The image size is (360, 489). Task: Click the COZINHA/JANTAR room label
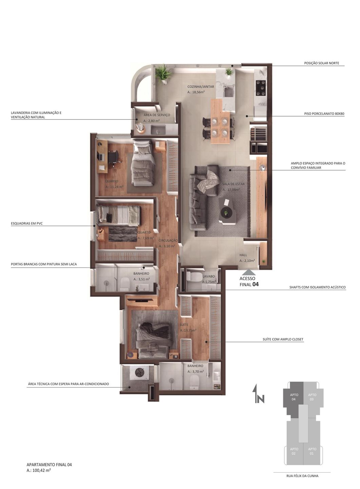point(201,87)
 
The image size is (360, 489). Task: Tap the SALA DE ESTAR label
point(233,184)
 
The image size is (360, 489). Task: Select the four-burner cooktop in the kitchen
point(261,88)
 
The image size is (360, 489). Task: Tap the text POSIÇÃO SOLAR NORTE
point(322,63)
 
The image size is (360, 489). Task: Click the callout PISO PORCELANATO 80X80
point(324,114)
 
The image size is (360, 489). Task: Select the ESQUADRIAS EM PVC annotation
point(26,223)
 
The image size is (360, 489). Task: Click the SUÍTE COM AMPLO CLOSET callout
point(283,340)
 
